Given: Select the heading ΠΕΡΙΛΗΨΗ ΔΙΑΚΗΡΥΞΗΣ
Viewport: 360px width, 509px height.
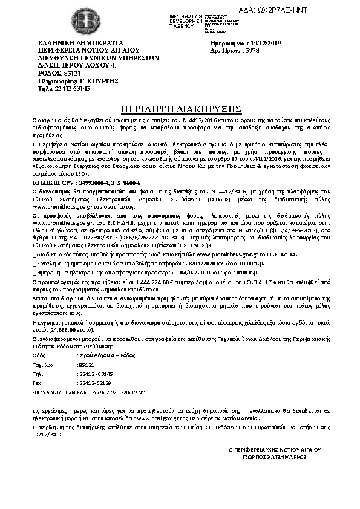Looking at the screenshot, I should [179, 109].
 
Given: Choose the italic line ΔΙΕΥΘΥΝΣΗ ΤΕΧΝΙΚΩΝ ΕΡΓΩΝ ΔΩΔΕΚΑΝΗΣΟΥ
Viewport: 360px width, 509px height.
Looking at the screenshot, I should [83, 392].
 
